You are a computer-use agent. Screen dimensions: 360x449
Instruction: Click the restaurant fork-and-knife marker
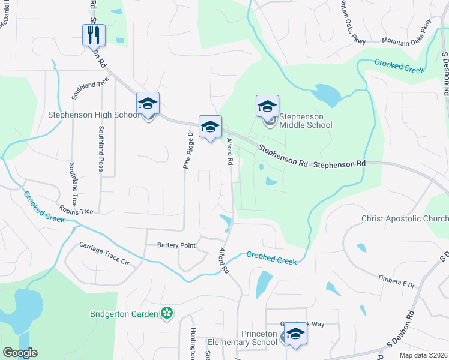[x=94, y=35]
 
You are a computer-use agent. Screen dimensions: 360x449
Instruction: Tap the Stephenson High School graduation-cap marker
[x=148, y=103]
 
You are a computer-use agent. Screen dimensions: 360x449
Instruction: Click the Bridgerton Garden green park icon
[x=167, y=313]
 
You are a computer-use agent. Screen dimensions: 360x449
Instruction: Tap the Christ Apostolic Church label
[x=405, y=219]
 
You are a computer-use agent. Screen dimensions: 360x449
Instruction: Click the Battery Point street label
[x=176, y=245]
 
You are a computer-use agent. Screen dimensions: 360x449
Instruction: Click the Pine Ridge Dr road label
[x=187, y=149]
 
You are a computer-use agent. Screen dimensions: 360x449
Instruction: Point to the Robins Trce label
[x=76, y=210]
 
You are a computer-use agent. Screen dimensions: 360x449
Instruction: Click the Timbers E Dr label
[x=396, y=281]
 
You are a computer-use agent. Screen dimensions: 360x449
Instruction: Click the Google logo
[x=20, y=353]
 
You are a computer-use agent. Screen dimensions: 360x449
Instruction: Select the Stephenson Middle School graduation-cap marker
[x=267, y=107]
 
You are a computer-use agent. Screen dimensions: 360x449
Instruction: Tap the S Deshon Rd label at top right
[x=445, y=73]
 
